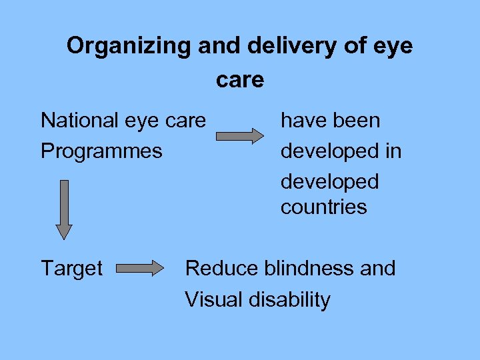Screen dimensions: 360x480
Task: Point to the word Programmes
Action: click(x=101, y=151)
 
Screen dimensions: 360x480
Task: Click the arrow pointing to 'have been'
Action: click(x=240, y=136)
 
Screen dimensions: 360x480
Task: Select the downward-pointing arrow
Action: click(x=63, y=209)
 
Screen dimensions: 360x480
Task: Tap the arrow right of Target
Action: click(x=140, y=269)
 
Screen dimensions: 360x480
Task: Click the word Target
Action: click(x=71, y=269)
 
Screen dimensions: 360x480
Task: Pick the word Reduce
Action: click(x=221, y=268)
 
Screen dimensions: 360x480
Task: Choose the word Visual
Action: click(x=214, y=299)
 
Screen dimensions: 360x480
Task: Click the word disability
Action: click(x=290, y=299)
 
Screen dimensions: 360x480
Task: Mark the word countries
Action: click(x=323, y=207)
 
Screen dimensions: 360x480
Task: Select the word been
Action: click(x=357, y=121)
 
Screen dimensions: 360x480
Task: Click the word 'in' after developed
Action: click(x=393, y=151)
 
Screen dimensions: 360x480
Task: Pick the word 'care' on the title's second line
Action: click(x=240, y=80)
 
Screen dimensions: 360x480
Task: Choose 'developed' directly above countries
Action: click(x=329, y=181)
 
